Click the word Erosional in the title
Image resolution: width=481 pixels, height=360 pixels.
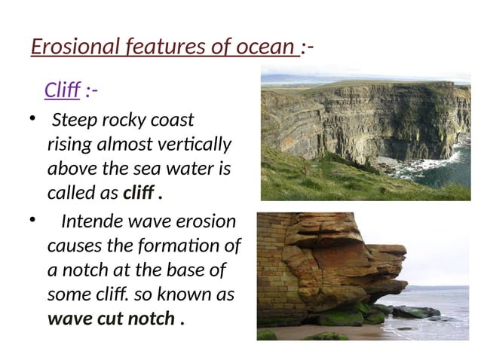pyautogui.click(x=70, y=48)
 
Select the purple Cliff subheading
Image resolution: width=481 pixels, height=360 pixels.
pyautogui.click(x=62, y=91)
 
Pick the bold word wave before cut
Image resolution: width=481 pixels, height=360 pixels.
pyautogui.click(x=66, y=319)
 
